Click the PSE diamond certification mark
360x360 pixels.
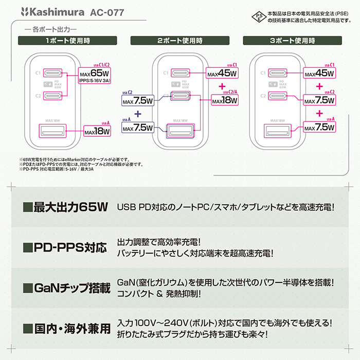(258, 16)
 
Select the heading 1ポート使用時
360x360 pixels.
(69, 40)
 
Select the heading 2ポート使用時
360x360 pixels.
(179, 40)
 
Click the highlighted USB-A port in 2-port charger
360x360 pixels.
(179, 129)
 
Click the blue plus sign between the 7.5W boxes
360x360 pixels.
(137, 114)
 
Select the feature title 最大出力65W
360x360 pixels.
(65, 208)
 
